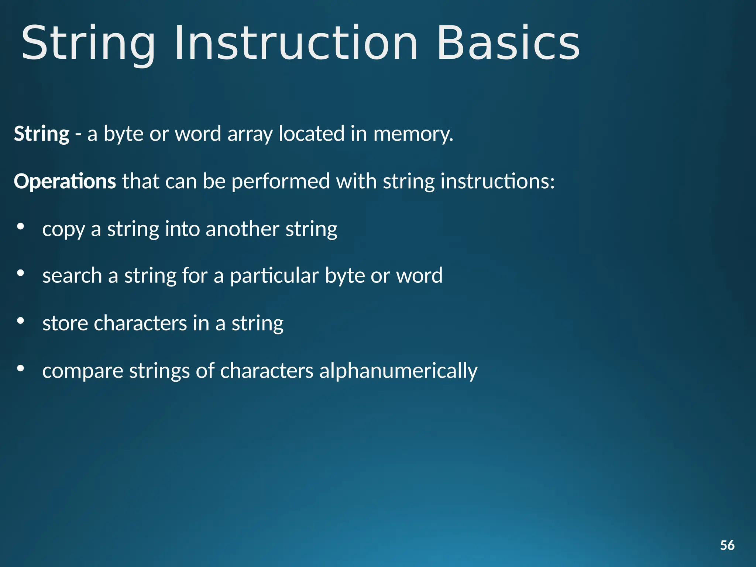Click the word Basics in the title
508,43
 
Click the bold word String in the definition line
42,134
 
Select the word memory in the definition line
413,134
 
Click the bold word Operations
65,182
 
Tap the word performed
281,182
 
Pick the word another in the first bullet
242,229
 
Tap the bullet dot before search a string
21,273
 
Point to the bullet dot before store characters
21,321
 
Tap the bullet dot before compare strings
21,368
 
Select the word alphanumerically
398,371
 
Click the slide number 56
727,545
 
